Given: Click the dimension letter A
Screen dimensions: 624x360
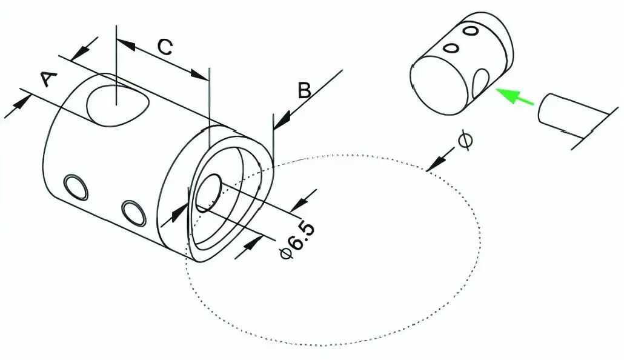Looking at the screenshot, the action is coord(48,79).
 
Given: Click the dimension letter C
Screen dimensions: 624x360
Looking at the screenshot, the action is coord(165,47).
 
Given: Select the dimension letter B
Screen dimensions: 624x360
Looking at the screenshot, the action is coord(305,90).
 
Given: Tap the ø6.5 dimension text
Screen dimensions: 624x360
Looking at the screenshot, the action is coord(297,241).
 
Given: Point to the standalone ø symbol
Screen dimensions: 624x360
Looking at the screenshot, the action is coord(465,141).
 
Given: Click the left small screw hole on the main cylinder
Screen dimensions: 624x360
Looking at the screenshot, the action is coord(76,187).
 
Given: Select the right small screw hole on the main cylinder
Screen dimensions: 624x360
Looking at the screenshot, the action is coord(133,213).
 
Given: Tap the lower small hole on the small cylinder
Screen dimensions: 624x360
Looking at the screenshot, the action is coord(452,48).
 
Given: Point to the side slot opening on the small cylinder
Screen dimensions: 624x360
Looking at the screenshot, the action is coord(480,84).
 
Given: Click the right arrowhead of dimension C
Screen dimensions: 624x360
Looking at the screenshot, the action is coord(199,75).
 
